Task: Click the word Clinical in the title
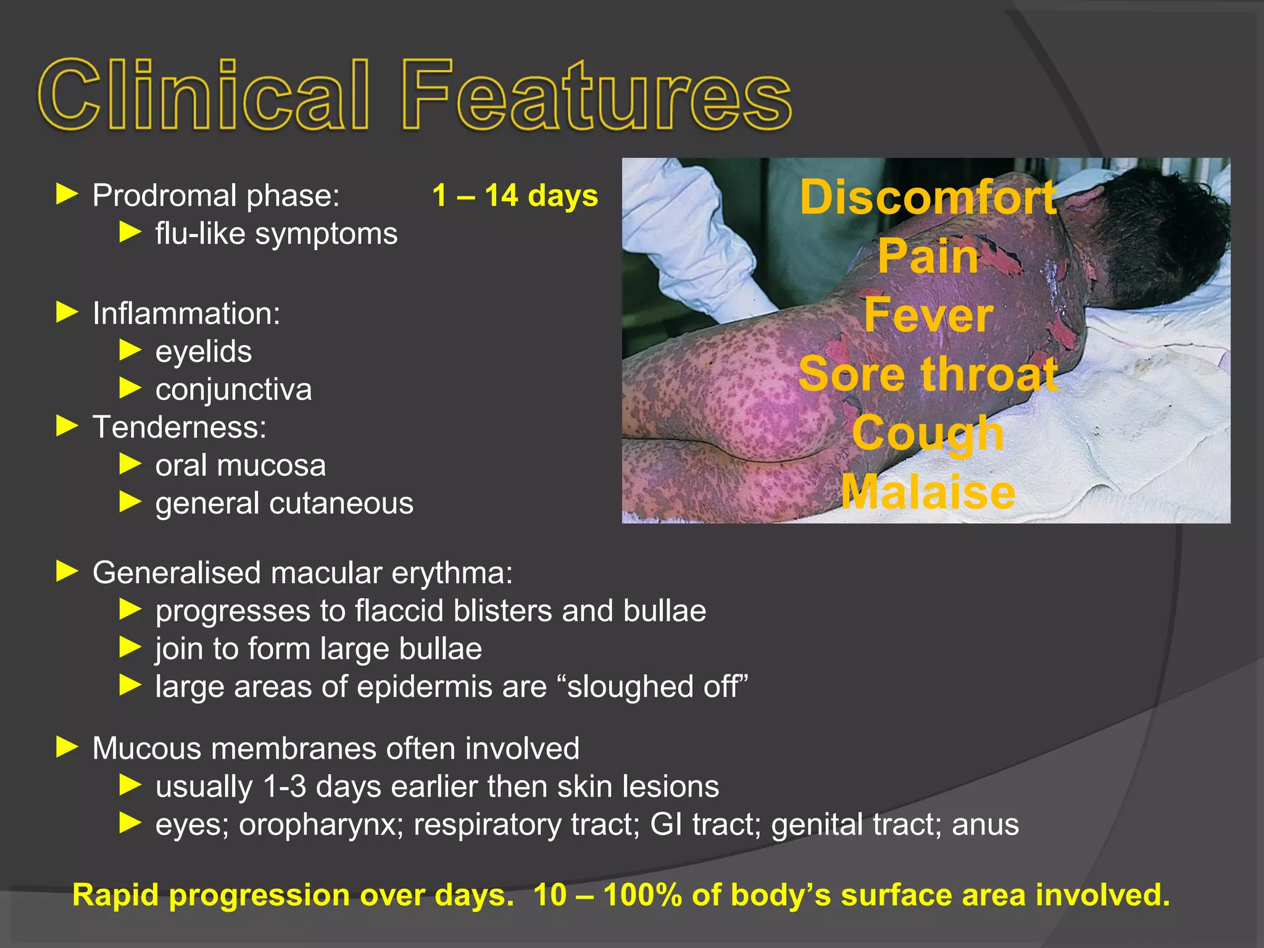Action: [204, 96]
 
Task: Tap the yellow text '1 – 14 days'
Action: [515, 196]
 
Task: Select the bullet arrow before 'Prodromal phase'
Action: [67, 194]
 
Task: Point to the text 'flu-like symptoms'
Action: [276, 234]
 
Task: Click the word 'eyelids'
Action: [203, 352]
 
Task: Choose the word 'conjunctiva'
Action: [233, 389]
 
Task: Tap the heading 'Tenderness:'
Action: [179, 427]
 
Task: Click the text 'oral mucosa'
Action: [240, 465]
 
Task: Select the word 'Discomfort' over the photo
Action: [928, 197]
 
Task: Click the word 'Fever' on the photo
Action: [928, 315]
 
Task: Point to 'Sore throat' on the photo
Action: [928, 374]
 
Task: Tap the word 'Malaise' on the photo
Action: [928, 492]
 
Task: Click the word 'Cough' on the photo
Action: [928, 433]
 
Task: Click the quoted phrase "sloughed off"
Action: [657, 687]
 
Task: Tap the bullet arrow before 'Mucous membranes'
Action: [67, 747]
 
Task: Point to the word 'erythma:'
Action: [452, 573]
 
